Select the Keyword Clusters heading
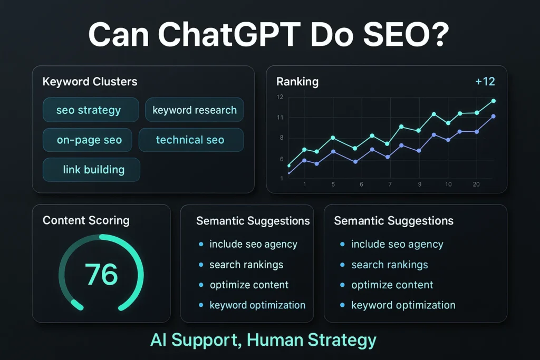coord(90,82)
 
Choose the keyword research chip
coord(194,110)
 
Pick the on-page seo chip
coord(88,140)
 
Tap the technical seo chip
coord(191,140)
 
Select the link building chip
coord(91,170)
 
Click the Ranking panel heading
coord(297,82)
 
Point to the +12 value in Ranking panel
coord(485,82)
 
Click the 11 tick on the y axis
coord(279,118)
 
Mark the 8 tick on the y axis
coord(281,138)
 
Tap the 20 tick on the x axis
coord(476,184)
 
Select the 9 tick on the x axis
coord(420,184)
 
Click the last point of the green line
coord(494,101)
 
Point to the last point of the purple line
coord(494,116)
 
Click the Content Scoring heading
coord(86,220)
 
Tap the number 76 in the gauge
coord(101,274)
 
